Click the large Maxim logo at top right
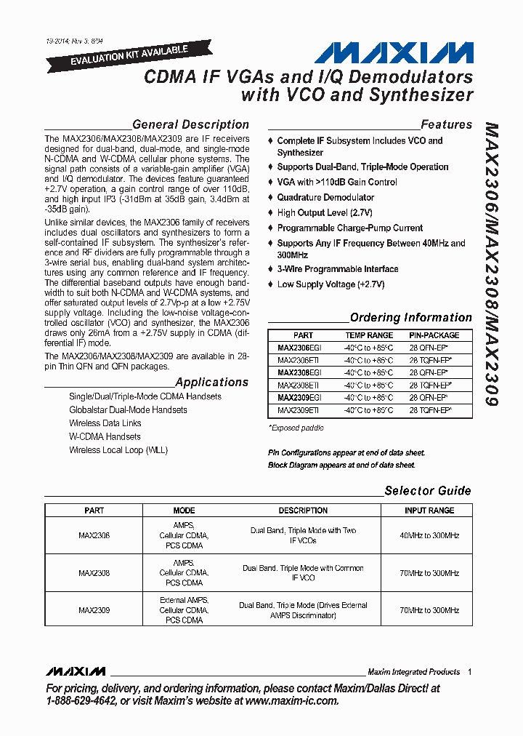tap(393, 53)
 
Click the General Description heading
tap(190, 124)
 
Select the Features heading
tap(446, 124)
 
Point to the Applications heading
tap(211, 382)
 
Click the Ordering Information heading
tap(410, 317)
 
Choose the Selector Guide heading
tap(427, 490)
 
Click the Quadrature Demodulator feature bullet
tap(325, 197)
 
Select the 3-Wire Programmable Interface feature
tap(337, 269)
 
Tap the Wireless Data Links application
tap(105, 423)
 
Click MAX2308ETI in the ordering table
tap(299, 385)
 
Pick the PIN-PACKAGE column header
tap(434, 335)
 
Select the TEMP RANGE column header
tap(368, 335)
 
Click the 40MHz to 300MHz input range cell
tap(430, 535)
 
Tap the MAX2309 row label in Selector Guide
tap(94, 610)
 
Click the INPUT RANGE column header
tap(430, 511)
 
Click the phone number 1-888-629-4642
tap(81, 701)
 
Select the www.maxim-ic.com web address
tap(291, 701)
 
